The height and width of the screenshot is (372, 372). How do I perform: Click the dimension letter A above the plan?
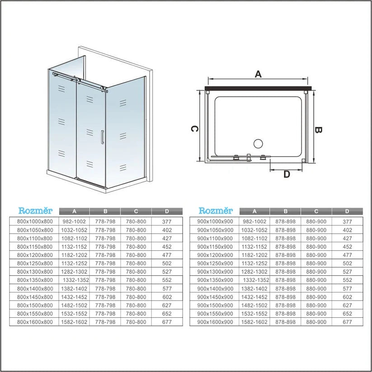point(258,74)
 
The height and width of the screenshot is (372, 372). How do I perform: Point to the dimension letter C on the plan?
point(193,129)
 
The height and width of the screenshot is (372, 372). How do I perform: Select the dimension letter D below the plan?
point(286,174)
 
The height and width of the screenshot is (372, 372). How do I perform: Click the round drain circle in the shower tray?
point(258,144)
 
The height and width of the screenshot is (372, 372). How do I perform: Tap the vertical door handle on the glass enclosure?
point(103,137)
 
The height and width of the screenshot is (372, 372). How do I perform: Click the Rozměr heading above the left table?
point(35,211)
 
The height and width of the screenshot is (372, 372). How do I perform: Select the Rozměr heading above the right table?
point(216,211)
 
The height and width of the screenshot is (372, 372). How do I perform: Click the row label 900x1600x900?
point(215,322)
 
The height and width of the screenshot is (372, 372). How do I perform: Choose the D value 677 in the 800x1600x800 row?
point(167,322)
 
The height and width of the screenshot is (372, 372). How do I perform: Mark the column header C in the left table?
point(136,211)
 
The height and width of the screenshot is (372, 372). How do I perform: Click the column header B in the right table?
point(285,211)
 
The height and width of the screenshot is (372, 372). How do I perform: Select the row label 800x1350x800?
point(35,280)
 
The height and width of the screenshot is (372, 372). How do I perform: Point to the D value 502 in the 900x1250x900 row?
point(347,263)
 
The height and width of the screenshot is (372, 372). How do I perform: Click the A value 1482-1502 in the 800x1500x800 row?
point(74,306)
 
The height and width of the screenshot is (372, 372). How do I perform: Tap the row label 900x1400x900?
point(215,288)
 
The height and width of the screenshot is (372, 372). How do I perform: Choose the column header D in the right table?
point(347,211)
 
